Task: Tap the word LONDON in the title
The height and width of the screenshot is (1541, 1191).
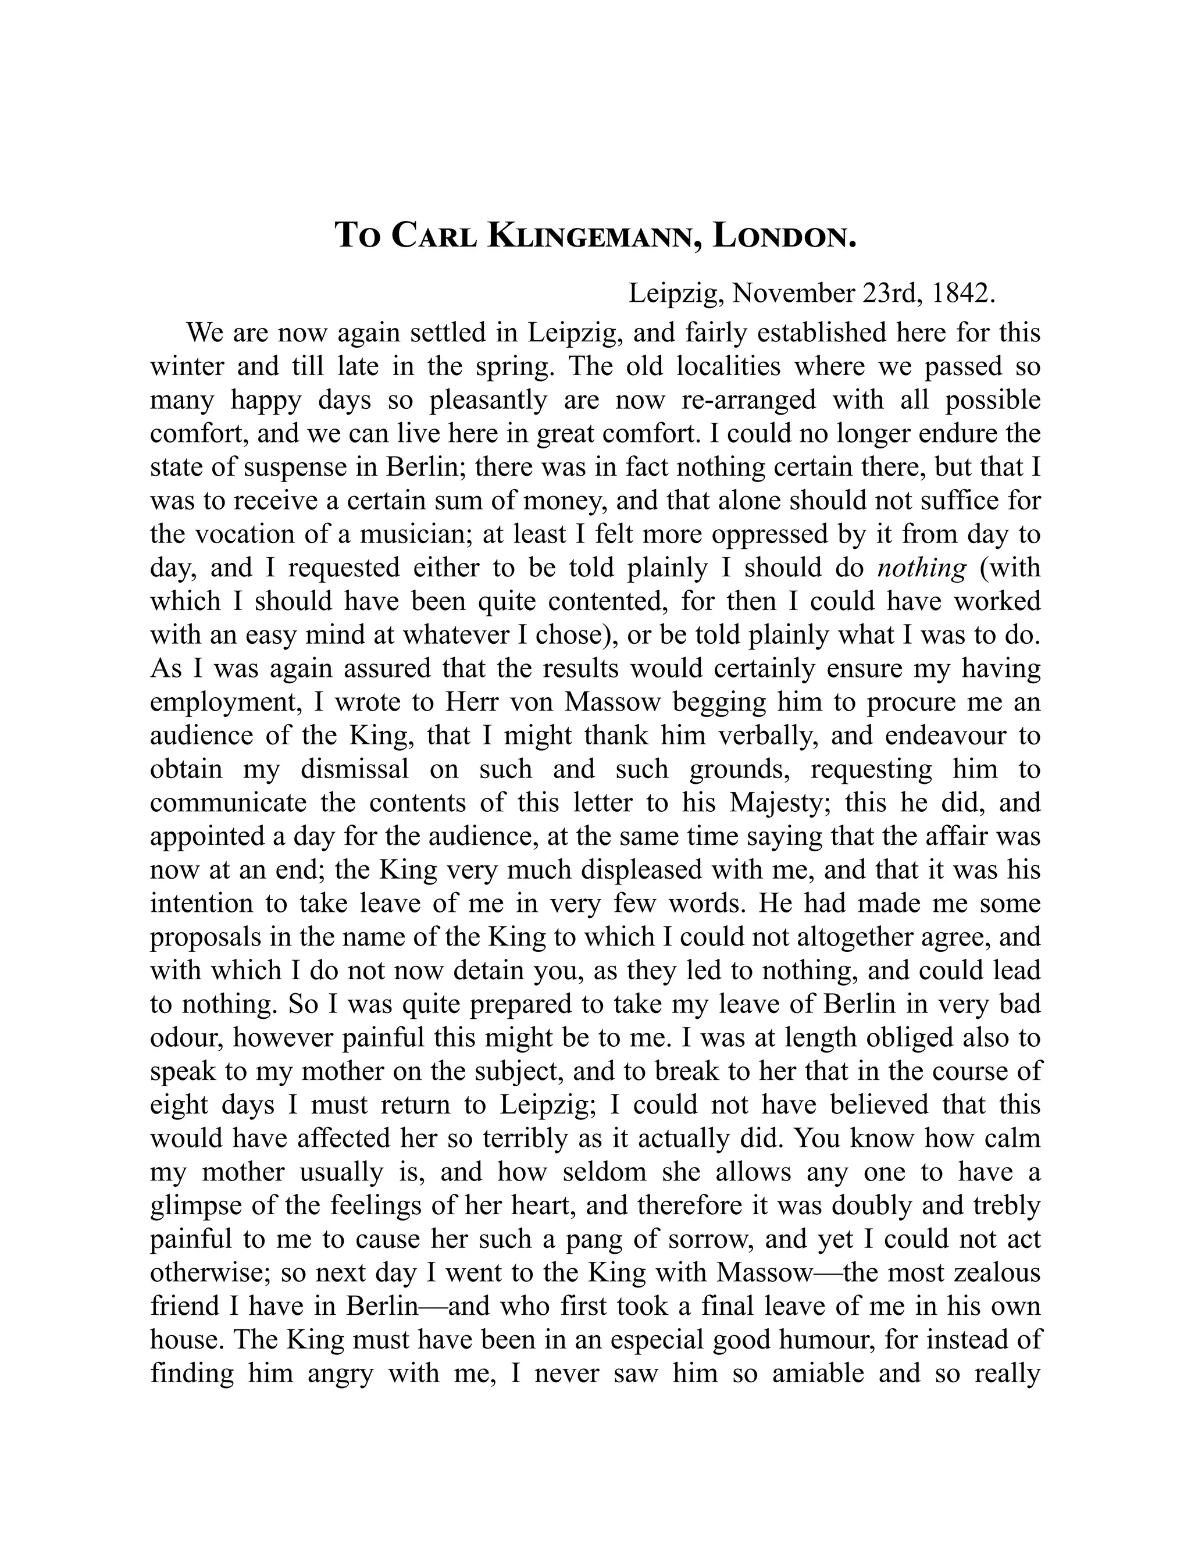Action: click(785, 236)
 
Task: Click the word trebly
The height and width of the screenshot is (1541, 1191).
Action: click(1008, 1206)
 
